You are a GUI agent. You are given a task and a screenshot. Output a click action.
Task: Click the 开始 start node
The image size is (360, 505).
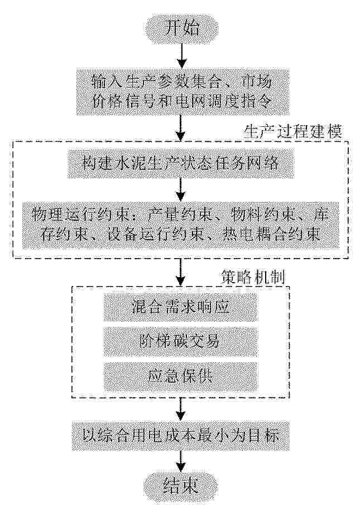point(182,28)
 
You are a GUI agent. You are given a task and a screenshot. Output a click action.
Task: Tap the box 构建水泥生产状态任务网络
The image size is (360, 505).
point(180,164)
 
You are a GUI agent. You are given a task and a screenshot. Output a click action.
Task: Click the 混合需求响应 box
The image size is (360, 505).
point(180,307)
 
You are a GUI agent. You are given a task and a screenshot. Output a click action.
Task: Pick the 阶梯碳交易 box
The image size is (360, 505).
point(180,342)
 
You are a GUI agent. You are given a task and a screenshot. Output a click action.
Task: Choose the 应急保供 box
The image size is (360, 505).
point(180,377)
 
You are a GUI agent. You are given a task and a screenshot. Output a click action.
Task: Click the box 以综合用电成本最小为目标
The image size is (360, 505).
point(180,436)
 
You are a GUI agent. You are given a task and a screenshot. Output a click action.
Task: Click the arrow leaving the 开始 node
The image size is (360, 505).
point(182,56)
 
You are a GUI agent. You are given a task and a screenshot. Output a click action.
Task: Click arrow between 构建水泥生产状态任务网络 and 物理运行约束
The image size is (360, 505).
point(181,190)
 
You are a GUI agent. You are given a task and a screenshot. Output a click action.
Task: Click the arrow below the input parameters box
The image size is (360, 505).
point(181,128)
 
